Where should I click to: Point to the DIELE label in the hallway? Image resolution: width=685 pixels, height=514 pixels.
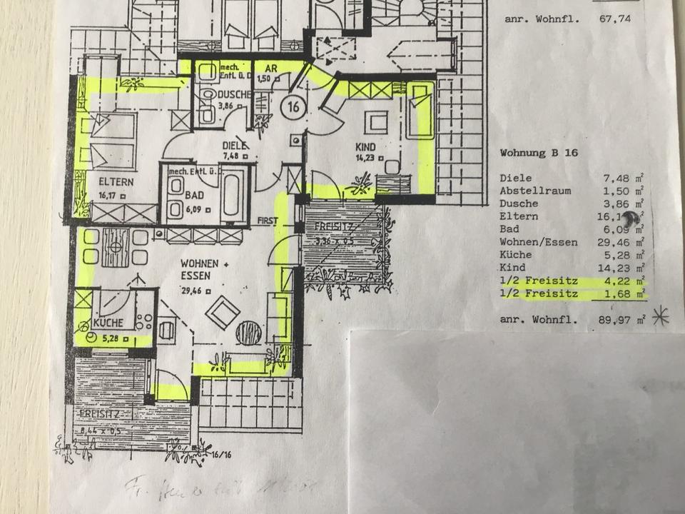(x=233, y=145)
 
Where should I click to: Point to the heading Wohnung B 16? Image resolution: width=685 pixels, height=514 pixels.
(x=539, y=153)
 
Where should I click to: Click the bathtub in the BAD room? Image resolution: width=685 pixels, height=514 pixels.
(x=233, y=193)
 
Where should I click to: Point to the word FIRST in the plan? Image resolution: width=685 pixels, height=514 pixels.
(x=268, y=221)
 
